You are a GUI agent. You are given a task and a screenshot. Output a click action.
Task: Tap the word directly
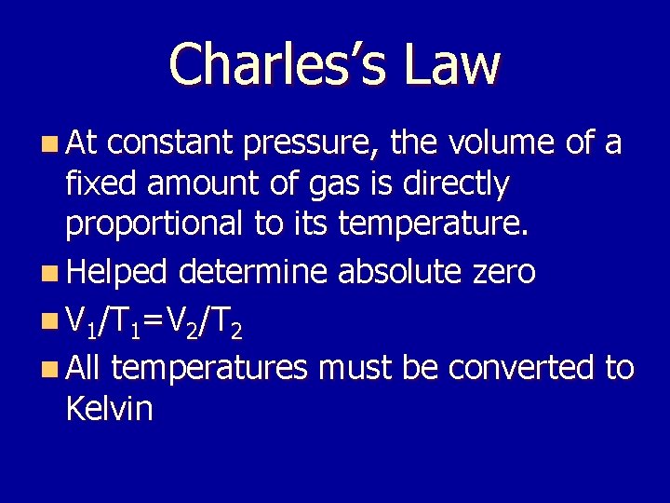pyautogui.click(x=455, y=184)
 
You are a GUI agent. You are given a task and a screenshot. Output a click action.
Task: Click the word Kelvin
pyautogui.click(x=110, y=408)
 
